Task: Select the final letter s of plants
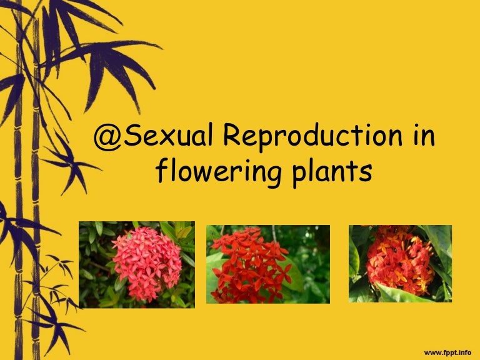367,172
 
